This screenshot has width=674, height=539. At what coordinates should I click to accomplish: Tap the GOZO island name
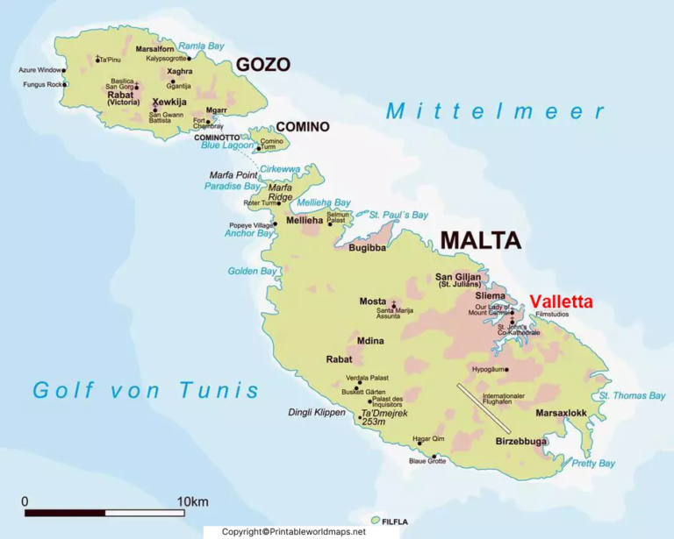[x=262, y=64]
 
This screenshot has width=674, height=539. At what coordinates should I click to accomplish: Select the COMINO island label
[x=302, y=127]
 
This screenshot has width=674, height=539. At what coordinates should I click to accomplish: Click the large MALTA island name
[x=480, y=241]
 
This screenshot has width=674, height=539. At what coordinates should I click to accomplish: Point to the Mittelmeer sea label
[x=496, y=111]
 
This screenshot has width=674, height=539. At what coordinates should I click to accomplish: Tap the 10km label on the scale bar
[x=192, y=501]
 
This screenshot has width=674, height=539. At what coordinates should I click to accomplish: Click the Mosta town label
[x=373, y=301]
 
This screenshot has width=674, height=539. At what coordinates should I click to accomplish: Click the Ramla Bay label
[x=203, y=46]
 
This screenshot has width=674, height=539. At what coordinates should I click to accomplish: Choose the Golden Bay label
[x=253, y=272]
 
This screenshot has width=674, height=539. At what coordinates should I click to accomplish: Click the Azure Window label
[x=40, y=70]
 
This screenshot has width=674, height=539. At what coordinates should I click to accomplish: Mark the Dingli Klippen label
[x=318, y=412]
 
